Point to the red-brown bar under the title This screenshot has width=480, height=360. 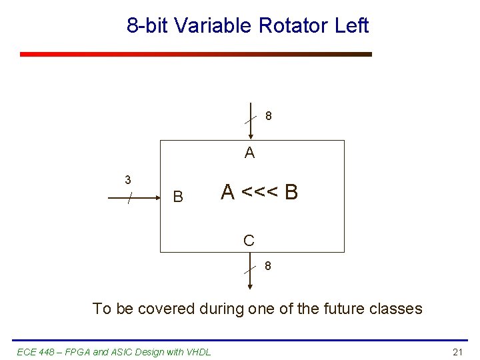[x=195, y=54]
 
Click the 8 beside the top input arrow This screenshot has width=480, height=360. [x=268, y=116]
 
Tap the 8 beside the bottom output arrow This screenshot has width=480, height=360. [x=267, y=266]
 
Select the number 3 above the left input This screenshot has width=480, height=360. [x=127, y=180]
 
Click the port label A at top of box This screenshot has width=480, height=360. [x=249, y=153]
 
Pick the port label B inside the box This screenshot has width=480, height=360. [x=178, y=197]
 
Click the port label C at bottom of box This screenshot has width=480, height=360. [x=249, y=241]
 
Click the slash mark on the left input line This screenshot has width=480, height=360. [x=131, y=197]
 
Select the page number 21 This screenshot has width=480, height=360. [x=457, y=352]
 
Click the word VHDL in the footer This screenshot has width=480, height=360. [x=198, y=352]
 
